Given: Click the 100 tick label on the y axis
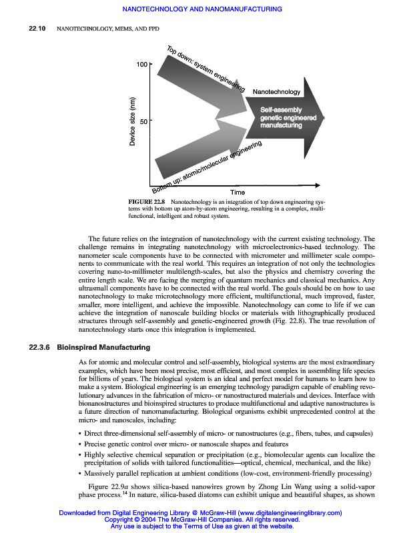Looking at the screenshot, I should pyautogui.click(x=141, y=65).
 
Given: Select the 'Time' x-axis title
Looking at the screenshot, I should pyautogui.click(x=238, y=192).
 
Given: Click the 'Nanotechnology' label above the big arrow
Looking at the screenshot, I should pyautogui.click(x=276, y=91).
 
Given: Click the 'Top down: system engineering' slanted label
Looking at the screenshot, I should pyautogui.click(x=206, y=69).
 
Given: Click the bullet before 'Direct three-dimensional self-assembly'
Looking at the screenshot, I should pyautogui.click(x=81, y=434).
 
